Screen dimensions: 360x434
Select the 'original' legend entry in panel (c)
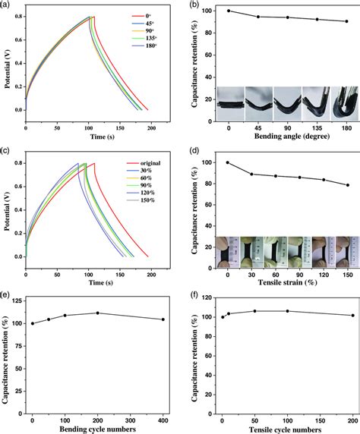tap(144, 163)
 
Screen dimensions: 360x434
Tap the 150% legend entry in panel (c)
tap(141, 200)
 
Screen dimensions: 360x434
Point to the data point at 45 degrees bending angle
tap(258, 17)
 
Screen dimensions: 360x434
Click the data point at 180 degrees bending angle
tap(346, 21)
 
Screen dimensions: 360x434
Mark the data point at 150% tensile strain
tap(348, 185)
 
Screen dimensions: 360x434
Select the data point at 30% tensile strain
tap(251, 174)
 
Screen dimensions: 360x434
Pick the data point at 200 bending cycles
tap(97, 313)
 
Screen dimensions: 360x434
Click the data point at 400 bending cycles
tap(163, 319)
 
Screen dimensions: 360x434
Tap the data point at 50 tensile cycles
tap(255, 311)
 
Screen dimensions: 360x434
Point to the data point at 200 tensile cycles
tap(353, 316)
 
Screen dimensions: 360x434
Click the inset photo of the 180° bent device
tap(345, 103)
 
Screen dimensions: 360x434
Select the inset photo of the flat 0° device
tap(231, 103)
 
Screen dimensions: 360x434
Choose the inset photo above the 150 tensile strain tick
tap(348, 252)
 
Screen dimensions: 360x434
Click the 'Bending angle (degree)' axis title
tap(292, 136)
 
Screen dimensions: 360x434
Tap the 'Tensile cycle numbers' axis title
tap(285, 430)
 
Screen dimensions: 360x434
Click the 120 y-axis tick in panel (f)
tap(209, 298)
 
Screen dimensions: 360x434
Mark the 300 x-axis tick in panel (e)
tap(131, 420)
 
